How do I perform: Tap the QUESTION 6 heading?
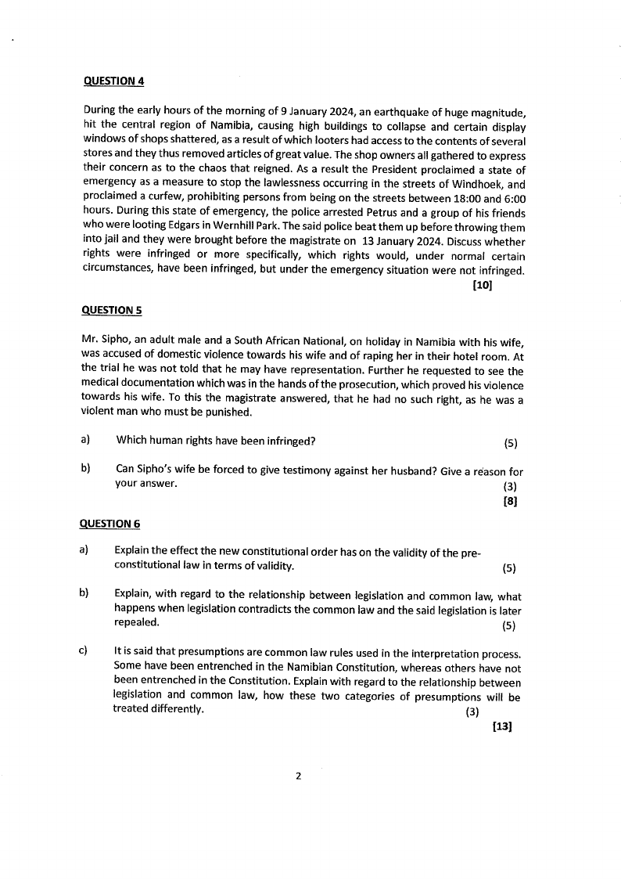click(110, 523)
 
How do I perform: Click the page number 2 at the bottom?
click(298, 776)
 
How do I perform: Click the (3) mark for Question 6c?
click(472, 711)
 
